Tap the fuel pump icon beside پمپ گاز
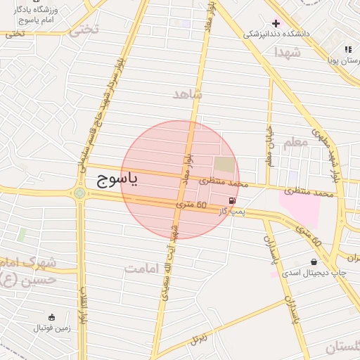[x=233, y=200]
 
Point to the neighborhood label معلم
[x=295, y=143]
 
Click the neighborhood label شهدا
[x=288, y=52]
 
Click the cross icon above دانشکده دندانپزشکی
[x=275, y=23]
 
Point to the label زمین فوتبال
[x=51, y=328]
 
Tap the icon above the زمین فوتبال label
[x=51, y=316]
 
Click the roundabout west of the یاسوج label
[x=79, y=191]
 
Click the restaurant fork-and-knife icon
[x=347, y=49]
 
